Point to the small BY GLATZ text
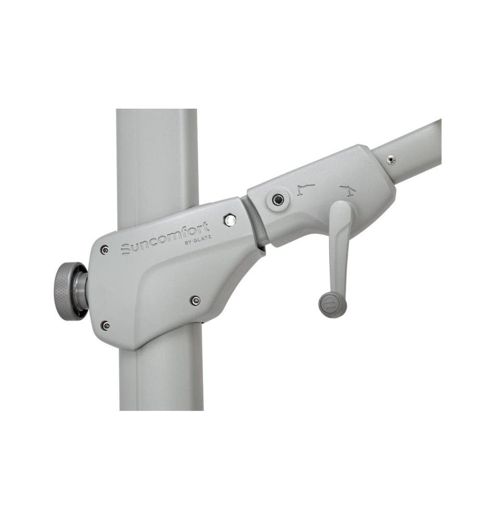coord(197,240)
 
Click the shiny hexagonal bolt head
coord(229,220)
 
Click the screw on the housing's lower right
coord(196,301)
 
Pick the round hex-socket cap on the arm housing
coord(278,200)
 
